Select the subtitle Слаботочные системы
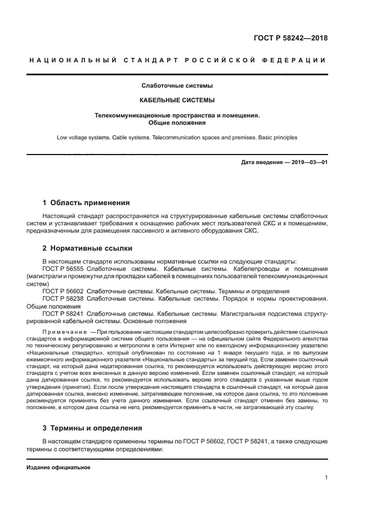point(176,86)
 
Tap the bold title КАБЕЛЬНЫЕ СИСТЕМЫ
point(176,101)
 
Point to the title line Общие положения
point(176,123)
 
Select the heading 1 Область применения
point(86,203)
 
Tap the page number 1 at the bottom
point(326,478)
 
